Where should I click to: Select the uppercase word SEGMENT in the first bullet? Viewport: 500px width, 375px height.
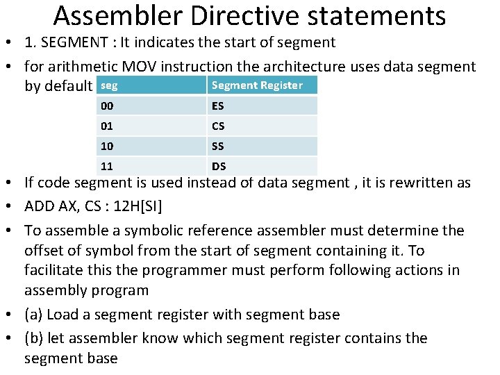point(76,43)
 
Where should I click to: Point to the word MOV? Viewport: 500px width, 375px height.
point(139,67)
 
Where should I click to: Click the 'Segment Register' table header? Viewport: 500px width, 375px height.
point(257,85)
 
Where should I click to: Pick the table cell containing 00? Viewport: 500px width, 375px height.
point(107,106)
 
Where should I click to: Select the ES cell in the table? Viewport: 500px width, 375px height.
point(218,106)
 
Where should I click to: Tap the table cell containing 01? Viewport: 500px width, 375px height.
point(107,126)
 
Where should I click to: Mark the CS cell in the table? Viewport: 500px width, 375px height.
point(218,126)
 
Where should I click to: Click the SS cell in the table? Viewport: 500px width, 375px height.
point(218,147)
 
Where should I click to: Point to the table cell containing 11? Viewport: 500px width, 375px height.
point(107,167)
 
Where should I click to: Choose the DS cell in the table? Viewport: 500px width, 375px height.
point(218,167)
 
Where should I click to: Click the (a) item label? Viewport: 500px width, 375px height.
point(33,315)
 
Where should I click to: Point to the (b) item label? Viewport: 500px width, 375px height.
point(33,338)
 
